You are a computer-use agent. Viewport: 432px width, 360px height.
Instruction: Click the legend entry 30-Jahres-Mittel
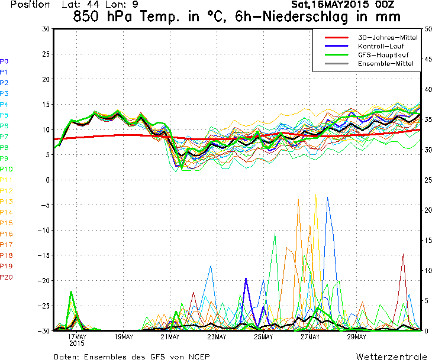[x=388, y=37]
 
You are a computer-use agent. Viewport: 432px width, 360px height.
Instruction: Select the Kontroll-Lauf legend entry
[x=380, y=46]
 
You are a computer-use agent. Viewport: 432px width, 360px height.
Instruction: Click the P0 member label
[x=4, y=61]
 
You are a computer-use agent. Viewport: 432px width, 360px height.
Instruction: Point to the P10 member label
[x=6, y=169]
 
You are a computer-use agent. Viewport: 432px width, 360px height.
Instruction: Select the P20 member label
[x=6, y=277]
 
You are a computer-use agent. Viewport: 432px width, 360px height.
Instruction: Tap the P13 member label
[x=6, y=202]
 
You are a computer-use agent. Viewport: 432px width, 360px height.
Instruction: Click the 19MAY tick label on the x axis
[x=124, y=337]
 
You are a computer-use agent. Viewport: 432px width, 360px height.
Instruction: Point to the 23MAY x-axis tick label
[x=217, y=337]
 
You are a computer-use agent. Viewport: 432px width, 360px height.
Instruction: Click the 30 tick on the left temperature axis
[x=46, y=29]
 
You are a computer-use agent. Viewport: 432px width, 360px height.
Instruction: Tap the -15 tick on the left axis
[x=44, y=255]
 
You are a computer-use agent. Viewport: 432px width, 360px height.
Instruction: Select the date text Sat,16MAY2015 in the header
[x=329, y=4]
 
